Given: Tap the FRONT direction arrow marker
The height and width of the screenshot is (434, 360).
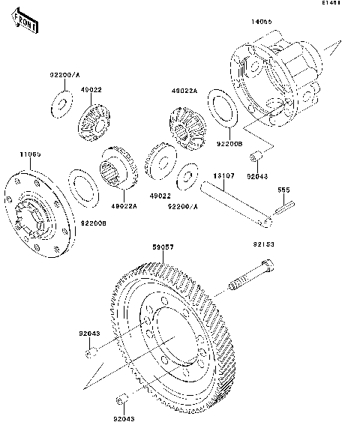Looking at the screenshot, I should (26, 25).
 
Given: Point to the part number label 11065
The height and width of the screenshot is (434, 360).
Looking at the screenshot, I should (30, 154).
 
